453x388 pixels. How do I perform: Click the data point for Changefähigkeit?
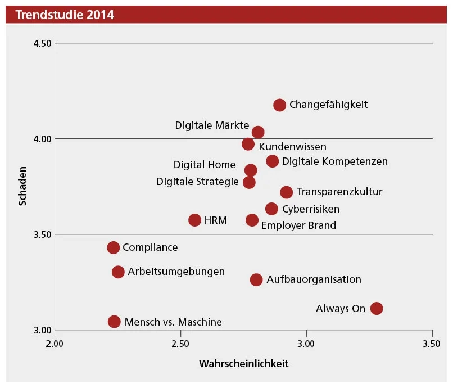tap(279, 105)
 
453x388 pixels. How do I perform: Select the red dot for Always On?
tap(377, 308)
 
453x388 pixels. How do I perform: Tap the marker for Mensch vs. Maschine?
tap(114, 322)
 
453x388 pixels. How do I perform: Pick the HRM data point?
tap(194, 220)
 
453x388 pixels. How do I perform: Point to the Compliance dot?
tap(113, 247)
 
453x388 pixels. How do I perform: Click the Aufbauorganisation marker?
tap(256, 279)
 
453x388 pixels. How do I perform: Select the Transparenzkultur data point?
tap(286, 192)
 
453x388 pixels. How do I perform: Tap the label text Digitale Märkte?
tap(211, 125)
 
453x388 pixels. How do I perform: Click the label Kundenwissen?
tap(292, 147)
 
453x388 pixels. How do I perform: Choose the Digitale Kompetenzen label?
tap(335, 161)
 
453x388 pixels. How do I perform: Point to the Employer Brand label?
tap(298, 225)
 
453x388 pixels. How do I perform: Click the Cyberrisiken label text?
tap(311, 209)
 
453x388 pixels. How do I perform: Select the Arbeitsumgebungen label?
tap(176, 272)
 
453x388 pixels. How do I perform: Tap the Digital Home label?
tap(205, 165)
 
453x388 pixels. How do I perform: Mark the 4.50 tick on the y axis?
tap(42, 44)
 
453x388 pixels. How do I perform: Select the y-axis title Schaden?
tap(22, 186)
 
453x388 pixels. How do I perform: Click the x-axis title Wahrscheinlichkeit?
tap(243, 364)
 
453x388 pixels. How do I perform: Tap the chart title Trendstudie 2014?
tap(65, 15)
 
